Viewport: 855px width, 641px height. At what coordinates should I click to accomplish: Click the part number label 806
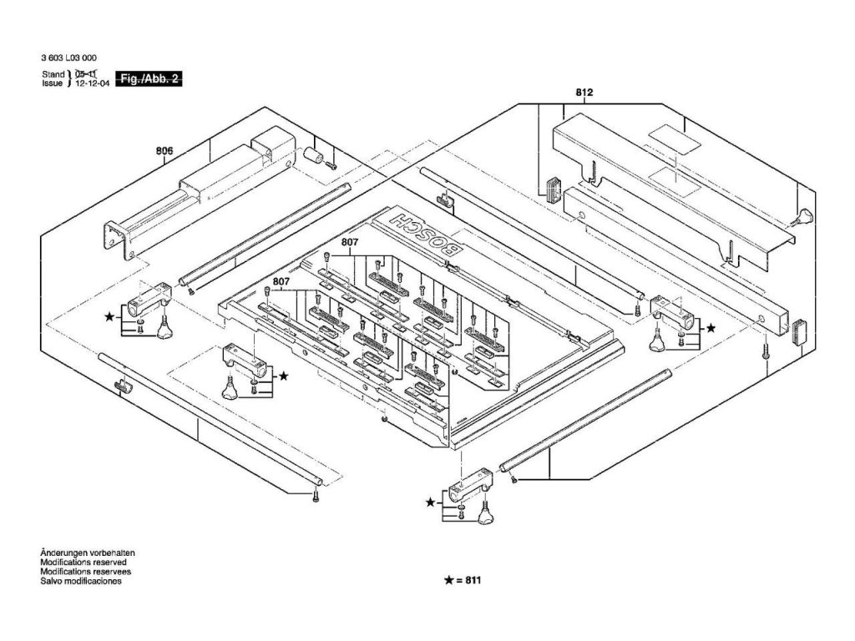(x=164, y=151)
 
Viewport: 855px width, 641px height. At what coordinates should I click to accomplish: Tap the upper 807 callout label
(x=350, y=243)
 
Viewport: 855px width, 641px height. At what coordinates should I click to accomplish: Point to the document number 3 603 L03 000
(x=68, y=58)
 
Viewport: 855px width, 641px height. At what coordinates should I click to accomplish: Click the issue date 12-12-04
(x=93, y=84)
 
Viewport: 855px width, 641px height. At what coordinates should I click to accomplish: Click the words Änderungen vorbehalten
(x=88, y=553)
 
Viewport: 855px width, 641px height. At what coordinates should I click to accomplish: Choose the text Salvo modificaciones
(x=80, y=582)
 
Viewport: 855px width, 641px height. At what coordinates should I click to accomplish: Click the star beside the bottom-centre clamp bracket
(x=431, y=502)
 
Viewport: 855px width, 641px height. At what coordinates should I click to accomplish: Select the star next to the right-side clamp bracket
(x=711, y=330)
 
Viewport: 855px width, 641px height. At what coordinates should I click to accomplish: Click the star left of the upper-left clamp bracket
(x=109, y=317)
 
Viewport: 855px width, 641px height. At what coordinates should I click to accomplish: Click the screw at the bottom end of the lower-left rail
(x=316, y=497)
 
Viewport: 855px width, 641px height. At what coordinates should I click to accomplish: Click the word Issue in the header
(x=53, y=84)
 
